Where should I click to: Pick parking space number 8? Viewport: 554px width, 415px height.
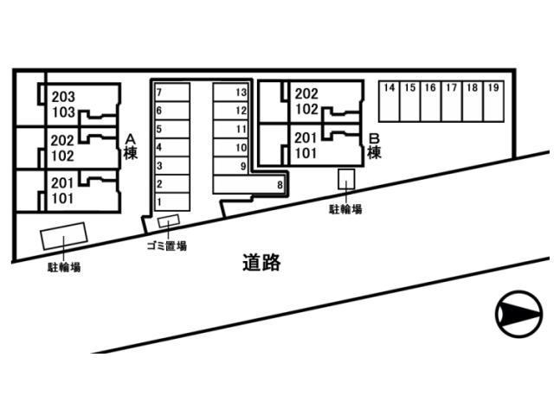(251, 184)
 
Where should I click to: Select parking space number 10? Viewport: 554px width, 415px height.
(231, 147)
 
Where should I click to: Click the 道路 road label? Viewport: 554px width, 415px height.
(261, 263)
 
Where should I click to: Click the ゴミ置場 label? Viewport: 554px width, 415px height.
(165, 246)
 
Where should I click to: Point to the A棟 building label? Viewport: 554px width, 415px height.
(131, 146)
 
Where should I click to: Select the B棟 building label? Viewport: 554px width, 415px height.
(375, 146)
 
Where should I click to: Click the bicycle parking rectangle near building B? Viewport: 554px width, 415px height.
(346, 179)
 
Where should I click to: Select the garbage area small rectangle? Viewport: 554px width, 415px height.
(170, 223)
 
